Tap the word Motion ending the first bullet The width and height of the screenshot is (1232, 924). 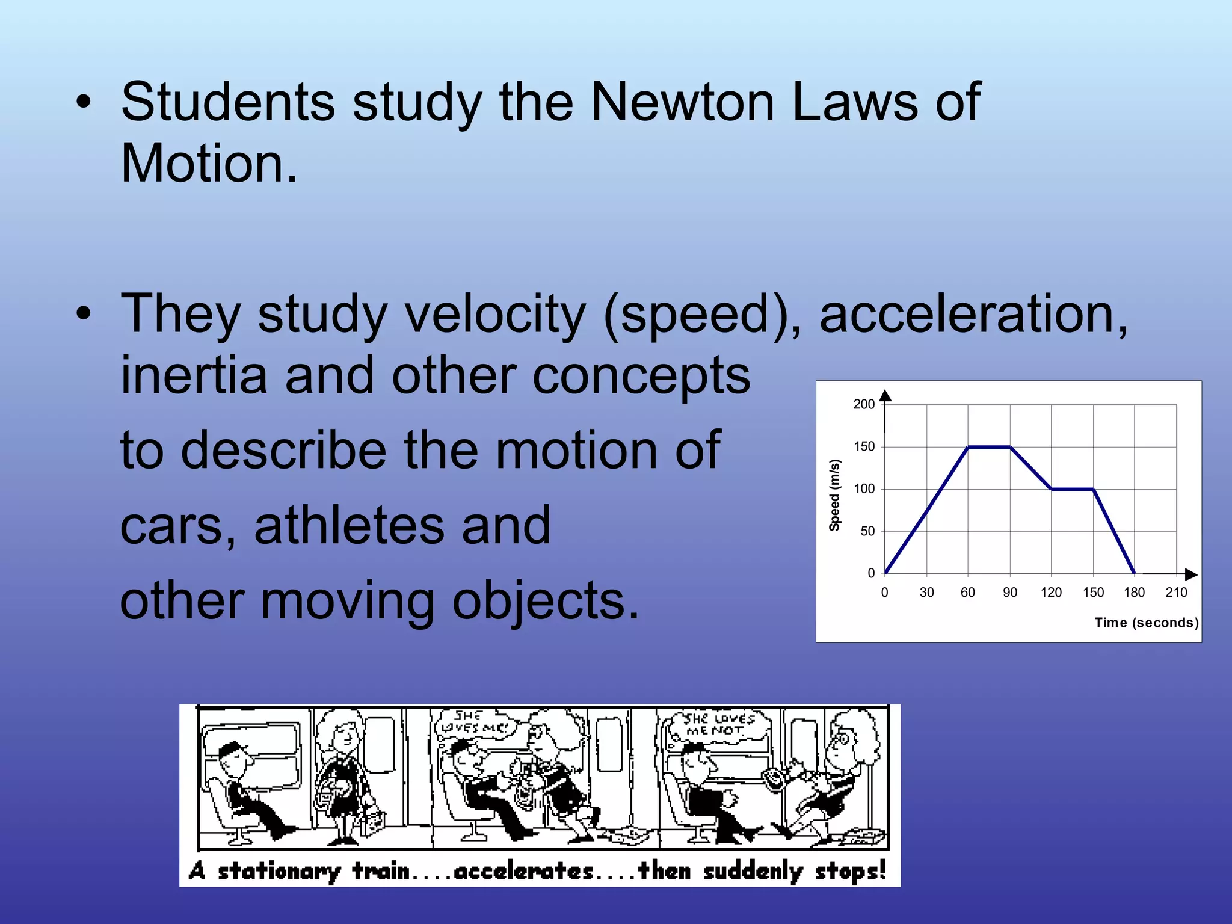coord(209,164)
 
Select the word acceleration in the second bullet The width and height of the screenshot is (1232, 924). coord(973,314)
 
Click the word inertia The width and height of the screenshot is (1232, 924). coord(194,375)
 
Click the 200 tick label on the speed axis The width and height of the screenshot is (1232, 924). coord(864,404)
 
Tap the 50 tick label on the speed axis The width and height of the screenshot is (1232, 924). coord(867,531)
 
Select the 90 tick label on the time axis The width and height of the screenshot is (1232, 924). coord(1010,593)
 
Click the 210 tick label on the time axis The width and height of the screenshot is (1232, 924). coord(1176,593)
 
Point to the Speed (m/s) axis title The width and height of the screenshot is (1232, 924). coord(834,495)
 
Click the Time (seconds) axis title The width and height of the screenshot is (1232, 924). coord(1146,623)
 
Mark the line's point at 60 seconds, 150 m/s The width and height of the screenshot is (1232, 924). coord(968,447)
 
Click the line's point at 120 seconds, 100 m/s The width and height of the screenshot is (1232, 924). coord(1052,489)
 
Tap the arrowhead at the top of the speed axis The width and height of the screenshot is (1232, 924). coord(885,395)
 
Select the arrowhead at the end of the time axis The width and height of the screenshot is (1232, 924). coord(1191,574)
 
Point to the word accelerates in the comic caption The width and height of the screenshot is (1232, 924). coord(523,870)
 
